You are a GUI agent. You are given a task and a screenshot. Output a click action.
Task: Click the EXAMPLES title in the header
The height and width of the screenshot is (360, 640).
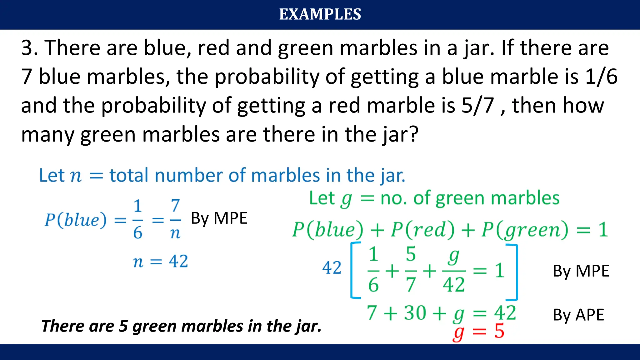pos(320,14)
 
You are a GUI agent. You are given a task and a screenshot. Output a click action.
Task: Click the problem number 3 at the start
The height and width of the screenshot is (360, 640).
pos(27,48)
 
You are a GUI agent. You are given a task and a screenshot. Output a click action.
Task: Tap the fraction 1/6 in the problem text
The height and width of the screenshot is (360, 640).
pos(601,77)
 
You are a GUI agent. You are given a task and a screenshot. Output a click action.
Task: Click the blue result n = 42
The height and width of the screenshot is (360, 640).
pos(160,261)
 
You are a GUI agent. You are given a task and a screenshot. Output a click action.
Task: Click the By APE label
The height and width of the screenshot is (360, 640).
pos(578,315)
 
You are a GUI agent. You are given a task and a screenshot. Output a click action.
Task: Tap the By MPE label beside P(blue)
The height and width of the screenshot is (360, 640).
pos(219,218)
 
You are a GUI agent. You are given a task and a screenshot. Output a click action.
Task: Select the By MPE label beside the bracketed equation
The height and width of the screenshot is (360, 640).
pos(581,271)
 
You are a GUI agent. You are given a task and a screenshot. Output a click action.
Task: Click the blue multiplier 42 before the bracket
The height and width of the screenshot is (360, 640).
pos(332,268)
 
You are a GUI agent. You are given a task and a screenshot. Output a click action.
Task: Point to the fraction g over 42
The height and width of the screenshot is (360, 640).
pos(454,271)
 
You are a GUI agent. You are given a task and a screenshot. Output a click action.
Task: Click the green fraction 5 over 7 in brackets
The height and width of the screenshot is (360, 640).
pos(411,269)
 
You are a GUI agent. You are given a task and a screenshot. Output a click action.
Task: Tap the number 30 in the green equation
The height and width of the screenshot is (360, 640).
pos(415,313)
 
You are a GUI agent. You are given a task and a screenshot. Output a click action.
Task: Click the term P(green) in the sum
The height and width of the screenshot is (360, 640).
pos(525,230)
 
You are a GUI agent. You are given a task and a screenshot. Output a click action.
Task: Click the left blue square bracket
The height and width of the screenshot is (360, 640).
pos(355,270)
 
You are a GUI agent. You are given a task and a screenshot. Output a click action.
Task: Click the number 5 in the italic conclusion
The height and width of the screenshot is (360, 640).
pos(123,326)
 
